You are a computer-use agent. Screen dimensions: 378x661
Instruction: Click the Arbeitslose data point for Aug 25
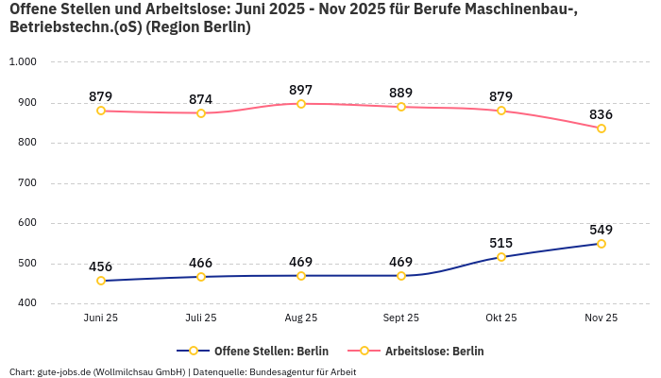[x=301, y=104]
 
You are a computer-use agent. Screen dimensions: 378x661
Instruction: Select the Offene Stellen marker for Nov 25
[x=602, y=244]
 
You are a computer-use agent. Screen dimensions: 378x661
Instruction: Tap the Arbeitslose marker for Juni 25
[x=101, y=111]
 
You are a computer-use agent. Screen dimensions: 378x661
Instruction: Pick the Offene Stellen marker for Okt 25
[x=501, y=257]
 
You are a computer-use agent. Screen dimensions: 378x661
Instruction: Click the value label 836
[x=602, y=114]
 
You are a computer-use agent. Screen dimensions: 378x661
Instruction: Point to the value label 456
[x=101, y=266]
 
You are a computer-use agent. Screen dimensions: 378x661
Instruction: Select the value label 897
[x=301, y=90]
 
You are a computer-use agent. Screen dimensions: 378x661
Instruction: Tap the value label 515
[x=501, y=243]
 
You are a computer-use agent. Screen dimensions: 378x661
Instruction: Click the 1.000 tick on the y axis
[x=23, y=62]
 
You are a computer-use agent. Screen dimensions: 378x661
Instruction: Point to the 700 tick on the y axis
[x=26, y=183]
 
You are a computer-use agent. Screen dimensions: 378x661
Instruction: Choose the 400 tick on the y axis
[x=26, y=303]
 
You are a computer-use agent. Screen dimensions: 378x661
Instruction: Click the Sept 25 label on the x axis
[x=401, y=318]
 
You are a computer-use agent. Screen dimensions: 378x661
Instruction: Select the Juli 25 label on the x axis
[x=201, y=318]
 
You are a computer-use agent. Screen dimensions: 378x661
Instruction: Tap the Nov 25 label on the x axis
[x=602, y=318]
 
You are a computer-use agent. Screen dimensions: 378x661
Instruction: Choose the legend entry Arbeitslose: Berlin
[x=434, y=351]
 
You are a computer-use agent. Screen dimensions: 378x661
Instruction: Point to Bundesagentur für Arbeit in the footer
[x=304, y=371]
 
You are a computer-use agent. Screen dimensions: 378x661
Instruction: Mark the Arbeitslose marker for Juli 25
[x=201, y=113]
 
